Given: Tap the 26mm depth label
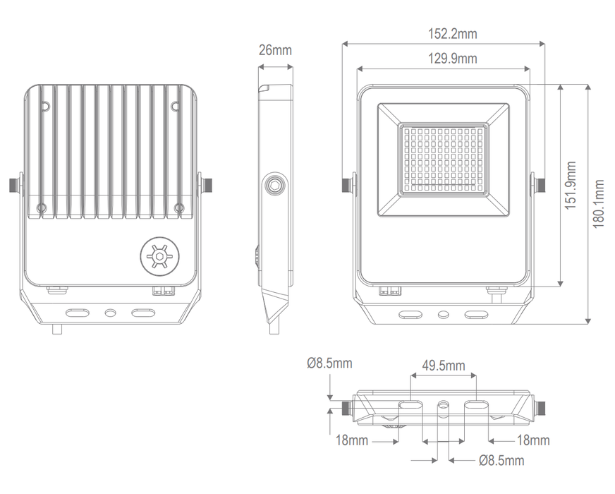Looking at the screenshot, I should (x=274, y=50).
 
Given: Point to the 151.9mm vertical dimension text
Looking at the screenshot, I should (x=571, y=186).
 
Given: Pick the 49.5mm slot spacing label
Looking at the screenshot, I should (x=443, y=366).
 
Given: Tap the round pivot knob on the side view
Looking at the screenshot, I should (x=274, y=186).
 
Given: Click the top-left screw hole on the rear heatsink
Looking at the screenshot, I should (x=45, y=107).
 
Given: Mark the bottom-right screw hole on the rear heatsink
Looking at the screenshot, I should (x=179, y=207).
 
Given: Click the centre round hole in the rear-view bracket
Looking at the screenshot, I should (x=110, y=312).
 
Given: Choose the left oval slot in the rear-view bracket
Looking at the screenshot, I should (x=77, y=312).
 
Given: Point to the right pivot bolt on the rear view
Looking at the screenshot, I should (x=208, y=185).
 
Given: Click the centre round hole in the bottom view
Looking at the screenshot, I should (x=443, y=406).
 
